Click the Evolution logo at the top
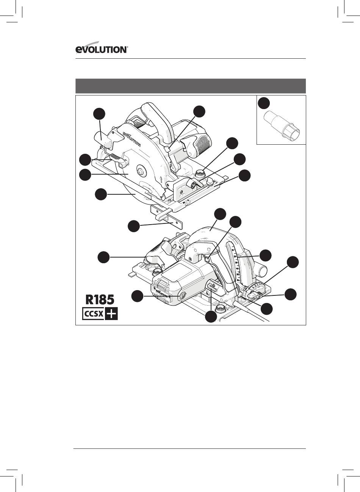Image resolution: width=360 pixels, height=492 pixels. [x=102, y=47]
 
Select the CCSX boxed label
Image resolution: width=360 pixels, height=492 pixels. [x=93, y=314]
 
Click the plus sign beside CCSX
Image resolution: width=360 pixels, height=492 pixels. [x=111, y=314]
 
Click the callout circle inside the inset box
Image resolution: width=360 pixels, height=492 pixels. [x=264, y=103]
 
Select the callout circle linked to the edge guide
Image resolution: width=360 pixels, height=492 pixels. [x=134, y=226]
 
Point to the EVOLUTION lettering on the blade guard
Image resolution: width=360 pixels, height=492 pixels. [x=132, y=140]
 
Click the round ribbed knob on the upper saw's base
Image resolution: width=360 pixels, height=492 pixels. [x=200, y=173]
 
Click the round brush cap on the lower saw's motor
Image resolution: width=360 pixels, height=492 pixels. [x=182, y=297]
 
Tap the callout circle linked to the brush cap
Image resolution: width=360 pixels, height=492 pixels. [x=137, y=296]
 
